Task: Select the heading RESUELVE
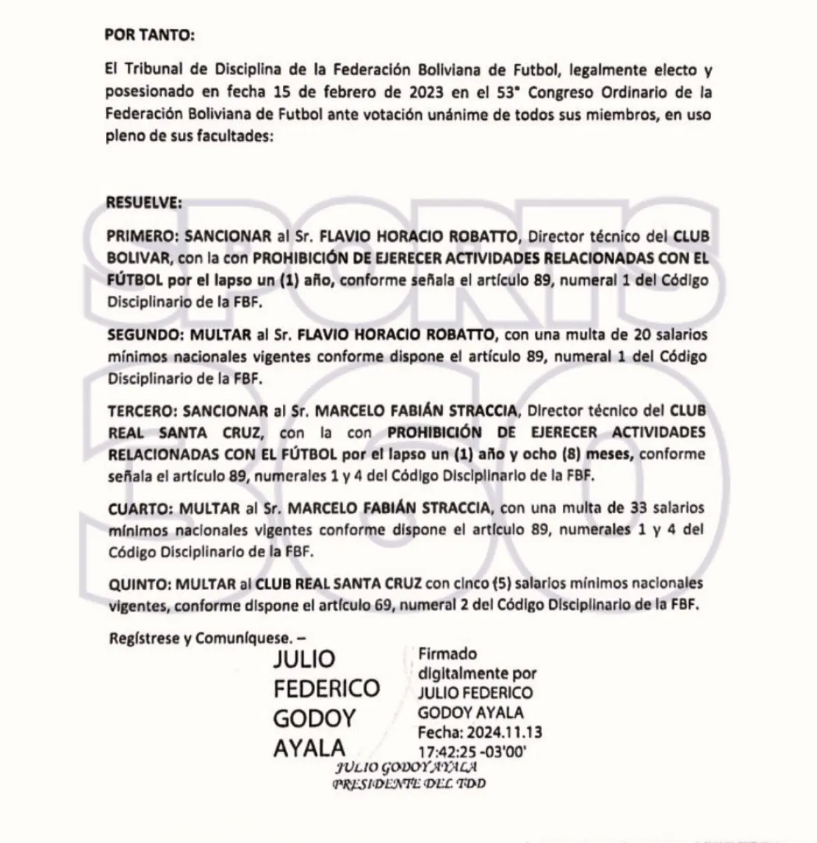click(x=144, y=202)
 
